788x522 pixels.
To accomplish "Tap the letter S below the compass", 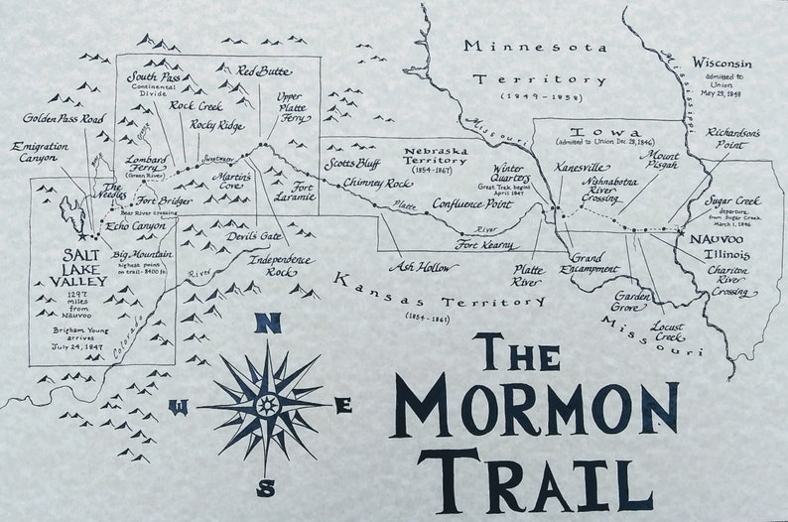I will [266, 487].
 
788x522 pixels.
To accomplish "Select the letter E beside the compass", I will [343, 405].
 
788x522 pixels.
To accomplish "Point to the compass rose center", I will [267, 405].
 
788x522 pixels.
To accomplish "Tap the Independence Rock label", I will [281, 265].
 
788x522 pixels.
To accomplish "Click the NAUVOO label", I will [711, 238].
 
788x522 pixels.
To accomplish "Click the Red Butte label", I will [263, 70].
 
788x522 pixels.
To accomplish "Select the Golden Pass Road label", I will [64, 119].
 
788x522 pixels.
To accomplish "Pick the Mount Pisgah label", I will [659, 160].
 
